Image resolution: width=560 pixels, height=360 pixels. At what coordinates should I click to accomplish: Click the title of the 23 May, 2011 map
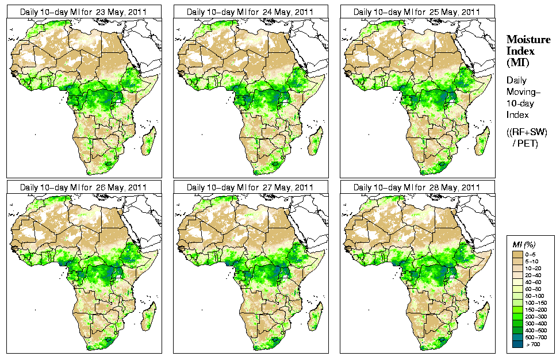coord(83,12)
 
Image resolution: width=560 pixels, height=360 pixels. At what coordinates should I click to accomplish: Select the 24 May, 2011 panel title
coord(250,12)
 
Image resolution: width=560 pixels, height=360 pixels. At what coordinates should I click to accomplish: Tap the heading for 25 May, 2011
coord(417,12)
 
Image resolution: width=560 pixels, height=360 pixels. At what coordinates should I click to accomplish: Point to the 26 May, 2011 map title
coord(83,187)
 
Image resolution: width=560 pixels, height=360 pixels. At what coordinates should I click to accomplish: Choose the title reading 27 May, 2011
coord(250,187)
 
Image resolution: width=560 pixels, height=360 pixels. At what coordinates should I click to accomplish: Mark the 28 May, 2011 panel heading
coord(417,187)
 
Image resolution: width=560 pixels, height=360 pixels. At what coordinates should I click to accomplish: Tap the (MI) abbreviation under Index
coord(517,62)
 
